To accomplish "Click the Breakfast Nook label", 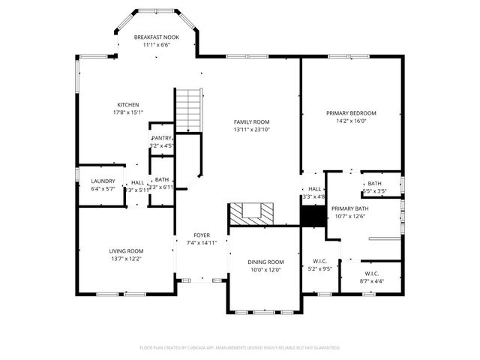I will coord(156,37).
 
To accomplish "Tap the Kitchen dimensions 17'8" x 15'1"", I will coord(127,112).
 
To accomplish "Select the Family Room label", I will coord(251,121).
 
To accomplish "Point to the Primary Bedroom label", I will coord(351,112).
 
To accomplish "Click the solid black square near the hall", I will coord(313,214).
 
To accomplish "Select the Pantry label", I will coord(162,138).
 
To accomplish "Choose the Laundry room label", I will coord(103,181).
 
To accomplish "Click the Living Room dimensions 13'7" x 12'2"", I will coord(126,259).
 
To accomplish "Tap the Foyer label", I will coord(202,235).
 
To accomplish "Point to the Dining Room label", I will coord(266,262).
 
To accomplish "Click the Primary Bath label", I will coord(349,208).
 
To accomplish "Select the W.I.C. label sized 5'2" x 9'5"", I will coord(321,262).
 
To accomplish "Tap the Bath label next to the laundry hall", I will coord(162,179).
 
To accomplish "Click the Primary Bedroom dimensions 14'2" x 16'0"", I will coord(351,121).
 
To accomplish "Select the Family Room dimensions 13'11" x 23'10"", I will coord(251,130).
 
